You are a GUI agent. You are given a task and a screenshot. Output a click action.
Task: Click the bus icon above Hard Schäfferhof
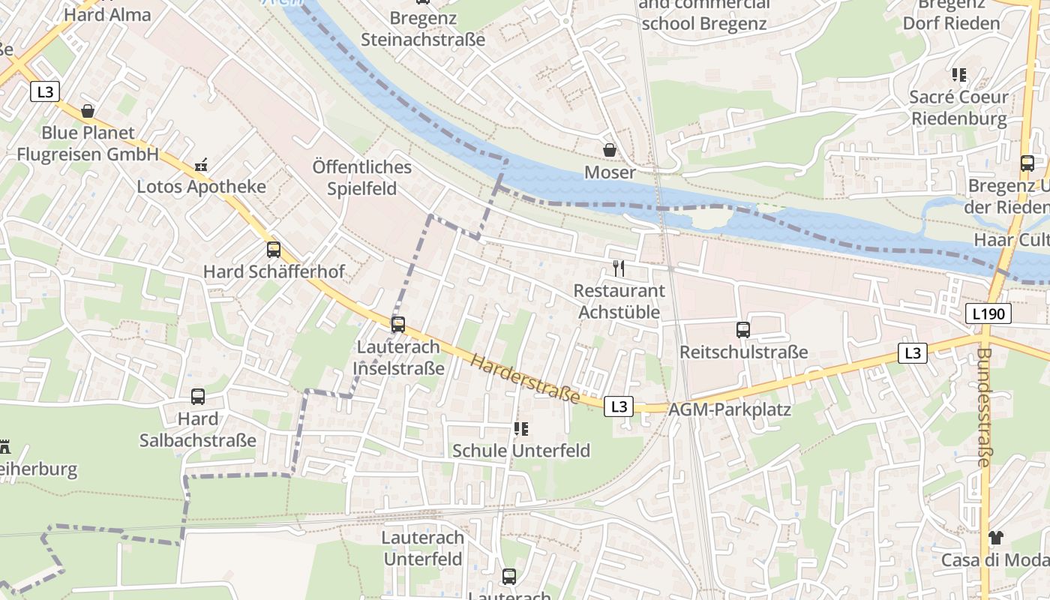coord(274,250)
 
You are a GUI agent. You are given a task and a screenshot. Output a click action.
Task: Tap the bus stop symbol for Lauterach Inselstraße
coord(398,325)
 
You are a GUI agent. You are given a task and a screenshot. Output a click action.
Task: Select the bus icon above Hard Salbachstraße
coord(198,397)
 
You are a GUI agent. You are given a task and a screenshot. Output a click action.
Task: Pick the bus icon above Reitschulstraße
coord(743,329)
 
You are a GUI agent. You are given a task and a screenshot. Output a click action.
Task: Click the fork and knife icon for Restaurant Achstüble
coord(619,268)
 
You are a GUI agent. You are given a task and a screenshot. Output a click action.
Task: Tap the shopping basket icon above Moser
coord(610,151)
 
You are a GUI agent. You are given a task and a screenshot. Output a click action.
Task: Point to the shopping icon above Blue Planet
coord(88,111)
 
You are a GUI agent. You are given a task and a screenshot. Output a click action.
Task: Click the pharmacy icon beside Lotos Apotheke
coord(201,164)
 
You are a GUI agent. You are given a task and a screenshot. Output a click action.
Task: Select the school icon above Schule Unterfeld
coord(521,429)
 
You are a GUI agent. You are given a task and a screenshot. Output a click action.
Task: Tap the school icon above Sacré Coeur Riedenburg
coord(958,75)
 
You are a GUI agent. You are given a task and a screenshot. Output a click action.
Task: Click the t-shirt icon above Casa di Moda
coord(995,537)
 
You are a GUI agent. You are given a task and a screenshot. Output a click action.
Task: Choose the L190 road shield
coord(988,313)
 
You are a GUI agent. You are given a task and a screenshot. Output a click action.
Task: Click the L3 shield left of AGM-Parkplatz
coord(619,406)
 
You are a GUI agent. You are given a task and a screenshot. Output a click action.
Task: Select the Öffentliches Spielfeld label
coord(362,177)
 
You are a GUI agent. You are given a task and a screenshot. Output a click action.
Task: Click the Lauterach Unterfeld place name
coord(423,548)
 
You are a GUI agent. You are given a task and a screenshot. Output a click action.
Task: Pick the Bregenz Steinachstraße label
coord(423,28)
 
